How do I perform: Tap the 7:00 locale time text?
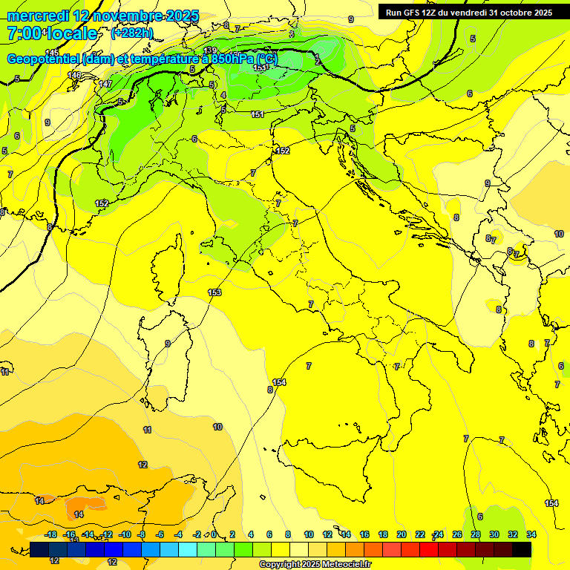pos(52,33)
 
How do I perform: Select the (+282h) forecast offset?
pos(131,33)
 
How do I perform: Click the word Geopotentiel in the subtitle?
pos(43,59)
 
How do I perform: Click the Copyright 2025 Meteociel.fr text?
pos(315,564)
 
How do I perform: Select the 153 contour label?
pos(214,292)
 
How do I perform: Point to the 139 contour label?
pos(210,51)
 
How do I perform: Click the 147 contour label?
pos(105,84)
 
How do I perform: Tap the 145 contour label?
pos(52,52)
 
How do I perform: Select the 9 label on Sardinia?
pos(168,343)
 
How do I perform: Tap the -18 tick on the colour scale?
pos(50,534)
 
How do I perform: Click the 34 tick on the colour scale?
pos(531,534)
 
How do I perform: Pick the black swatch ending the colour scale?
pos(522,549)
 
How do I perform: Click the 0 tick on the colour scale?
pos(214,534)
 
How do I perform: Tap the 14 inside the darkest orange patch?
pos(79,514)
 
